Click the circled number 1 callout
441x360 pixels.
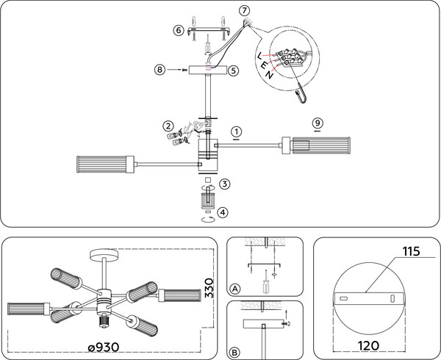237,132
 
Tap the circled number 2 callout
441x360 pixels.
168,126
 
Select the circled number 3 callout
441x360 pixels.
225,184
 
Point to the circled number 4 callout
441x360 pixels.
223,212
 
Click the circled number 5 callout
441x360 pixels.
234,71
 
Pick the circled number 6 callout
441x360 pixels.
179,30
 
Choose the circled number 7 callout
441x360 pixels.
245,11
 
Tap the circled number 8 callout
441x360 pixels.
159,69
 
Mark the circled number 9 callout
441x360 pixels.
318,123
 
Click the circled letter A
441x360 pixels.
235,289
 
